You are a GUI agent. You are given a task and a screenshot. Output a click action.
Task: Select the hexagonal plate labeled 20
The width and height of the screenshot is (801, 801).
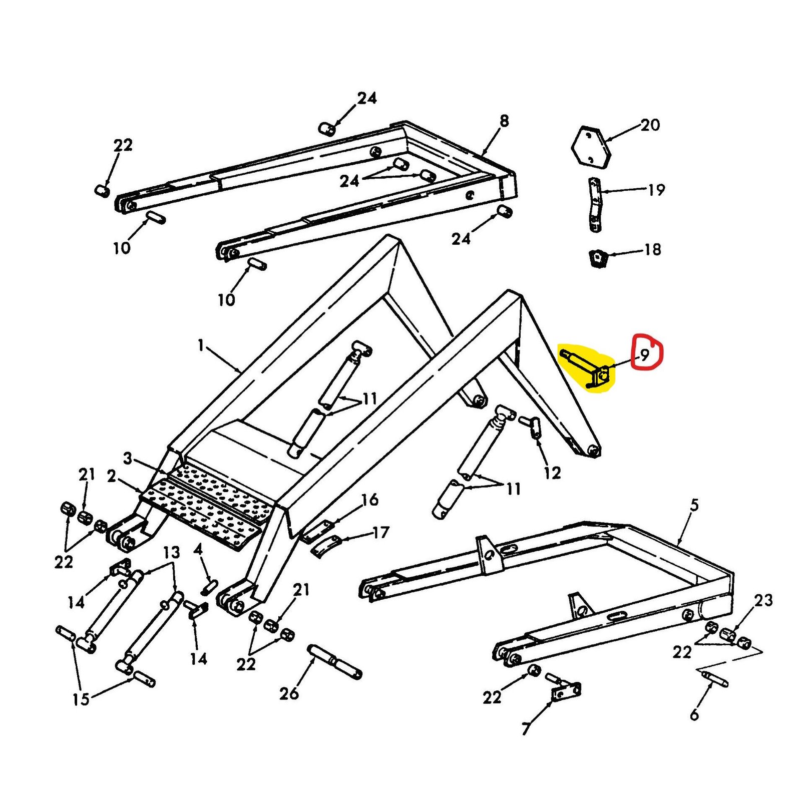tap(591, 146)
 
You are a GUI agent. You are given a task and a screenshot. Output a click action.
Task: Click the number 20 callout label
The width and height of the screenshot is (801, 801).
tap(650, 125)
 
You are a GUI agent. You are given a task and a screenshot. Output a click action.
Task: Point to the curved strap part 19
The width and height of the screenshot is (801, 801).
tap(594, 204)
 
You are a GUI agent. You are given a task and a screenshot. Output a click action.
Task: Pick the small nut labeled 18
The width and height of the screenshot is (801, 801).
tap(596, 258)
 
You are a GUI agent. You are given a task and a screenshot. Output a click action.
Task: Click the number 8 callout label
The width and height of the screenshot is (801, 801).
tap(504, 121)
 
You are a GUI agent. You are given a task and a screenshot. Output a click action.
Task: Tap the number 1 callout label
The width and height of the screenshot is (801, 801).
tap(201, 345)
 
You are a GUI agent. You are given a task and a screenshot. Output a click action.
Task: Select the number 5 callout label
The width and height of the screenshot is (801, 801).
tap(694, 505)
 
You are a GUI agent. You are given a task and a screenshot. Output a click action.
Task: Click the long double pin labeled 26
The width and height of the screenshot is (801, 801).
tap(335, 661)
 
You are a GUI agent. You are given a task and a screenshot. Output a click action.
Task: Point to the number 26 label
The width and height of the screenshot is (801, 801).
tap(289, 693)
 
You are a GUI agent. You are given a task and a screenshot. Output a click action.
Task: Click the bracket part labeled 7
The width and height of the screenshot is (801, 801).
tap(566, 692)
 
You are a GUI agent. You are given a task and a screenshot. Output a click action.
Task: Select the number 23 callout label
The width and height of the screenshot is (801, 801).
tap(763, 600)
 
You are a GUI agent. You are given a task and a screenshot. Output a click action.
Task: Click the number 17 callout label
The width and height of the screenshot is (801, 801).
tap(380, 532)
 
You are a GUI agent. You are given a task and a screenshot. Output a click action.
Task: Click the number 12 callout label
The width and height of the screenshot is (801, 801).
tap(552, 473)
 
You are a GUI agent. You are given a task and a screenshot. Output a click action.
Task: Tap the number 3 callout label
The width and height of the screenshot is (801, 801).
tap(128, 458)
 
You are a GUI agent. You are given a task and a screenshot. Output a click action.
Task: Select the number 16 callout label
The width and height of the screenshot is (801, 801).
tap(369, 499)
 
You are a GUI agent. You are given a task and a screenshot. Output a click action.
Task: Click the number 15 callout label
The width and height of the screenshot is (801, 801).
tap(80, 699)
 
